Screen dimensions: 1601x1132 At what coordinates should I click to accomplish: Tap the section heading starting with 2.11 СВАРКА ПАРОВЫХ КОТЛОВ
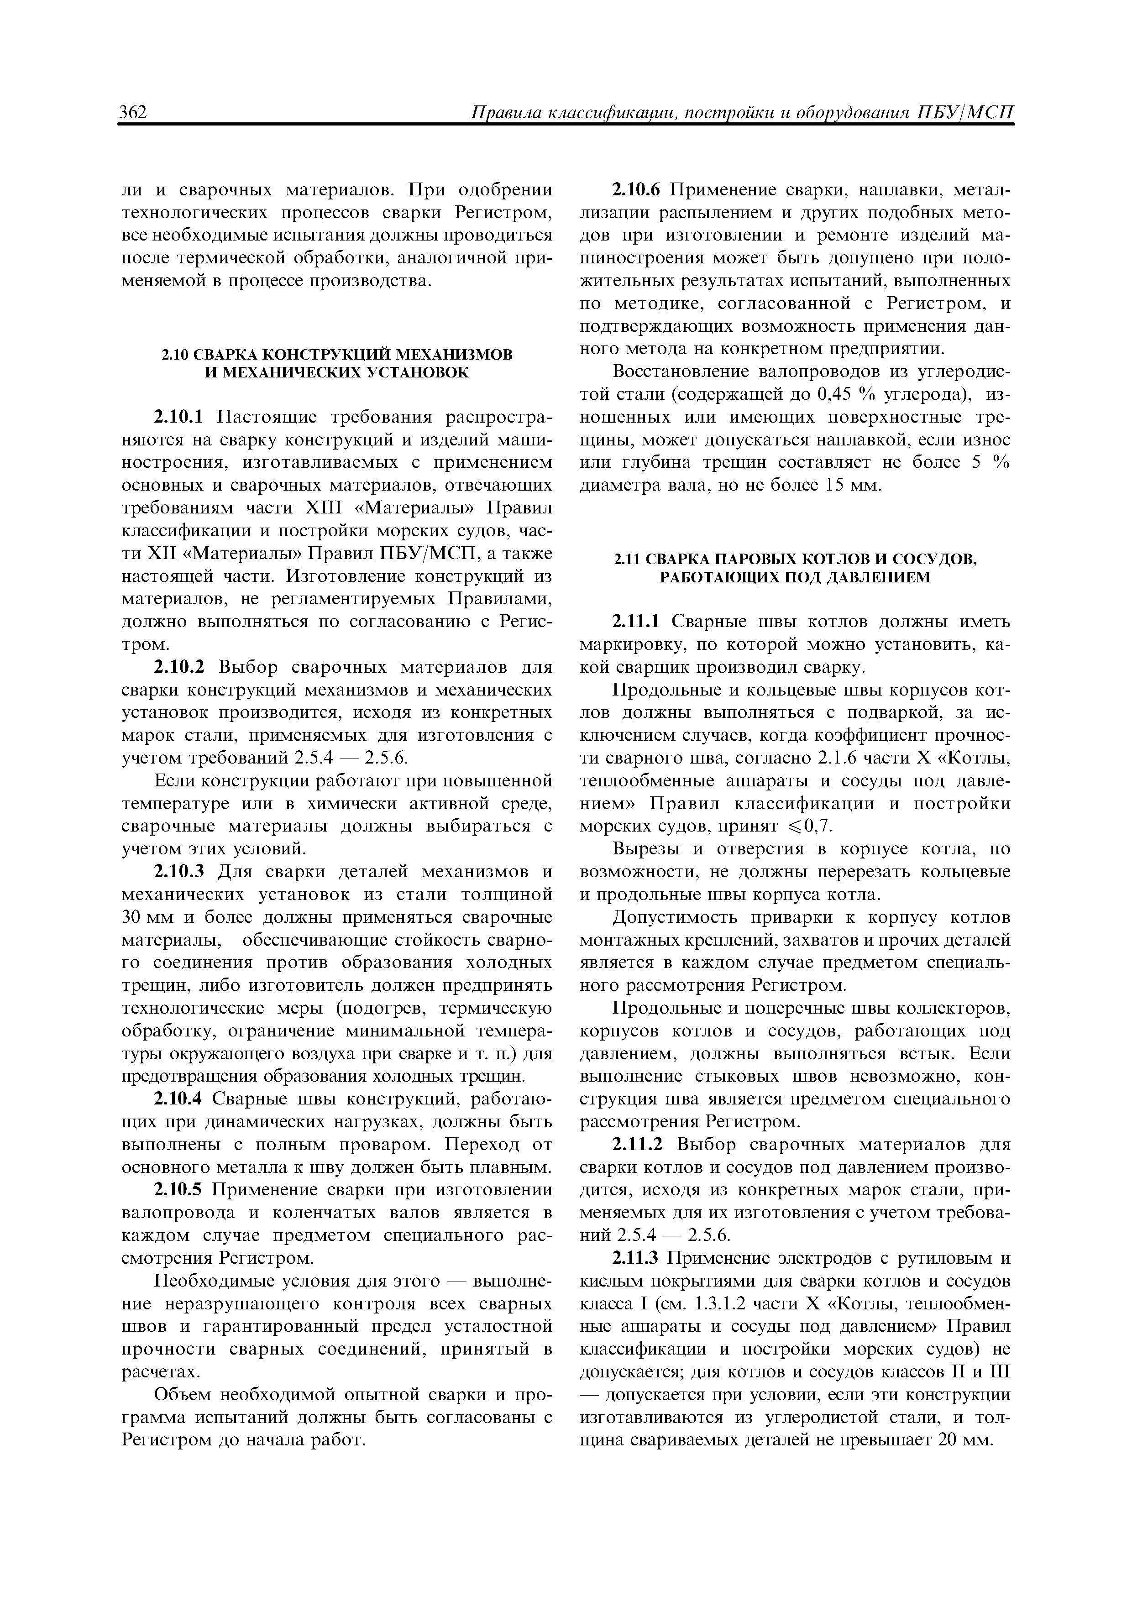795,568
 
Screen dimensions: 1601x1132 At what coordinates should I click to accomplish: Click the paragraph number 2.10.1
178,417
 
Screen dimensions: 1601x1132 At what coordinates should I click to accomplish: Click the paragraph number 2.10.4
177,1099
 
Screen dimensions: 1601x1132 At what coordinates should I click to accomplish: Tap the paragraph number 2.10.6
638,190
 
